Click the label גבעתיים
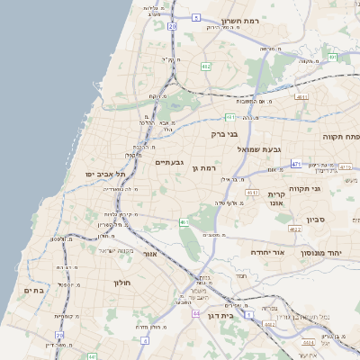(169, 162)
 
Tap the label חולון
(122, 283)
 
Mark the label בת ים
(33, 290)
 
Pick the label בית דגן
(239, 317)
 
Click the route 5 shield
(196, 17)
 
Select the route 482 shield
(206, 67)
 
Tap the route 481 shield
(230, 116)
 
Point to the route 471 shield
(296, 165)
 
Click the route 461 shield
(184, 222)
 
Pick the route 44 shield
(195, 313)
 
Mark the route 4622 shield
(294, 229)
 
